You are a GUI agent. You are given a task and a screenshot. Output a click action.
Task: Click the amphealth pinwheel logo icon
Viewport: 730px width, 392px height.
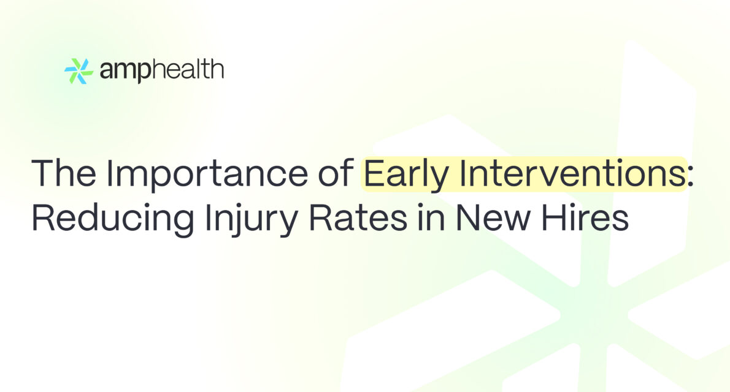coord(79,71)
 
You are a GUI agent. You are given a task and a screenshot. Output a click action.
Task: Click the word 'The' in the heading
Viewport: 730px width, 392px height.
coord(64,173)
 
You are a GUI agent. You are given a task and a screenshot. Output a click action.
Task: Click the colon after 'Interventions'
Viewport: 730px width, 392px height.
coord(690,178)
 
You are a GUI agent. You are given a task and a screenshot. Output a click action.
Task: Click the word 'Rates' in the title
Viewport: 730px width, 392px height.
coord(358,217)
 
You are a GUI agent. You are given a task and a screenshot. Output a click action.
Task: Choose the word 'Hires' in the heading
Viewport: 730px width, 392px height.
coord(585,217)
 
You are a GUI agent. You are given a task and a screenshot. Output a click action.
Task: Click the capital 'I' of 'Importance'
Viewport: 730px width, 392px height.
coord(109,173)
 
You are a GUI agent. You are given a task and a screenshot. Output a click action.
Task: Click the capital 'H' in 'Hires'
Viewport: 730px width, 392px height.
coord(553,217)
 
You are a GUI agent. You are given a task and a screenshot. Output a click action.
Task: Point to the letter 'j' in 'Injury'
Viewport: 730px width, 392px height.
coord(235,221)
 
